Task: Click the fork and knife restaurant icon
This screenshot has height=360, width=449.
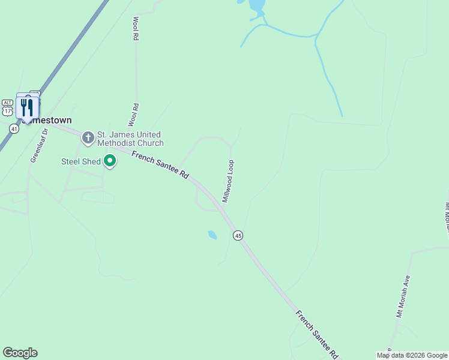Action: (x=27, y=108)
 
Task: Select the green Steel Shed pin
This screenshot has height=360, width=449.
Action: (x=110, y=161)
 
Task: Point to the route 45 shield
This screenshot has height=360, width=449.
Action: (x=238, y=236)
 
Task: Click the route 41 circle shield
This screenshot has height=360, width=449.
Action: (x=14, y=129)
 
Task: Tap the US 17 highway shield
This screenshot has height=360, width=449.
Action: (x=7, y=112)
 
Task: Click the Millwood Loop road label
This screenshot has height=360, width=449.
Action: (x=229, y=181)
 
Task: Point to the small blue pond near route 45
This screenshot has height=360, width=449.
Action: (x=212, y=235)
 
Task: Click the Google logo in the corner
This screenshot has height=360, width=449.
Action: (x=20, y=353)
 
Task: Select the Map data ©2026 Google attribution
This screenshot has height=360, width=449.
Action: (x=412, y=355)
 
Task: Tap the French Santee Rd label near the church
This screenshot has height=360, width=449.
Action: (x=160, y=166)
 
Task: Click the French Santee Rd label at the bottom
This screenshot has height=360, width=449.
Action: (x=318, y=335)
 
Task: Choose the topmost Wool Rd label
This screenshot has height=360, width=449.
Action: (x=136, y=28)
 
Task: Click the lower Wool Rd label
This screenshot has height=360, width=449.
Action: (x=134, y=115)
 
